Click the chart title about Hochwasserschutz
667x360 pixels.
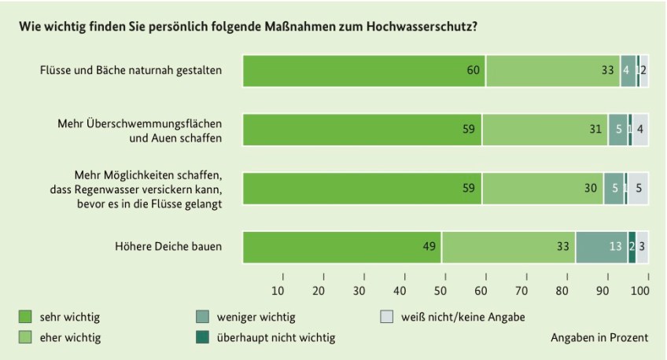coord(248,27)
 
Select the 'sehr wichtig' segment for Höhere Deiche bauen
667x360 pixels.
coord(342,247)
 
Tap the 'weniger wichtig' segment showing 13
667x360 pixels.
coord(602,247)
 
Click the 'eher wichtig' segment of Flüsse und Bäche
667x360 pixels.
coord(553,71)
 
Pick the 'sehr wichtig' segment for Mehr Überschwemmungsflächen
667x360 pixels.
coord(363,130)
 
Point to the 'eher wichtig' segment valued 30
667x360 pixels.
coord(543,189)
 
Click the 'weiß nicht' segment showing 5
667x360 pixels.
coord(638,189)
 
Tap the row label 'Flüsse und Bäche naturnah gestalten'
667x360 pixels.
coord(131,71)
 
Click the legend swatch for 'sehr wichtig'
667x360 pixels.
coord(24,318)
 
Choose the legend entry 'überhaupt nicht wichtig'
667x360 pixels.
coord(275,338)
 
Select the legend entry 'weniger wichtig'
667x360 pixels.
coord(256,318)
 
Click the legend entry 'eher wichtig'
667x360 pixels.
coord(70,338)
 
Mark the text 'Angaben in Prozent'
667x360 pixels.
coord(600,338)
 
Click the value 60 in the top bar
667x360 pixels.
coord(473,71)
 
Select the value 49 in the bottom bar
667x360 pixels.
coord(429,247)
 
